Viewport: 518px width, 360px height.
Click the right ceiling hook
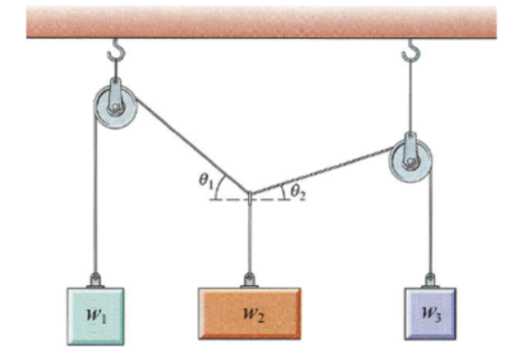(x=411, y=51)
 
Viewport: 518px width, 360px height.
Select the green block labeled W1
(x=96, y=317)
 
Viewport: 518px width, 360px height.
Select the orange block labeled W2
(x=250, y=314)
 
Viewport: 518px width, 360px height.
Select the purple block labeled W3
(x=430, y=314)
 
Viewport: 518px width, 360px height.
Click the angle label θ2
(x=298, y=192)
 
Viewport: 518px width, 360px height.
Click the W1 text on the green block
(x=96, y=316)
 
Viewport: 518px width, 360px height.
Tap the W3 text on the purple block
(x=431, y=314)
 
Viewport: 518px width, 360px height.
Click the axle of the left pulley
(x=115, y=107)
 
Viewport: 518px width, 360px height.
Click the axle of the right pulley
(x=411, y=162)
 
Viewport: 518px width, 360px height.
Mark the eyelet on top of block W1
(x=96, y=281)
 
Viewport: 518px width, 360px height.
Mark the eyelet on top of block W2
(x=250, y=280)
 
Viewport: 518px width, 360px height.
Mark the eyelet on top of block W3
(x=430, y=281)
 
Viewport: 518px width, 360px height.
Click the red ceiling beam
(x=261, y=22)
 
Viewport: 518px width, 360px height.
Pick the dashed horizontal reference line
(x=250, y=200)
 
